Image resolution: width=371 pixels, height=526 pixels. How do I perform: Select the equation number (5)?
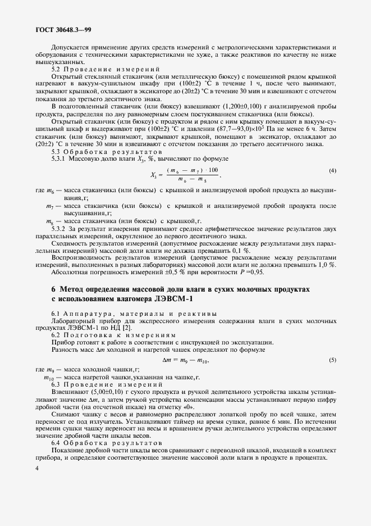(x=332, y=359)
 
